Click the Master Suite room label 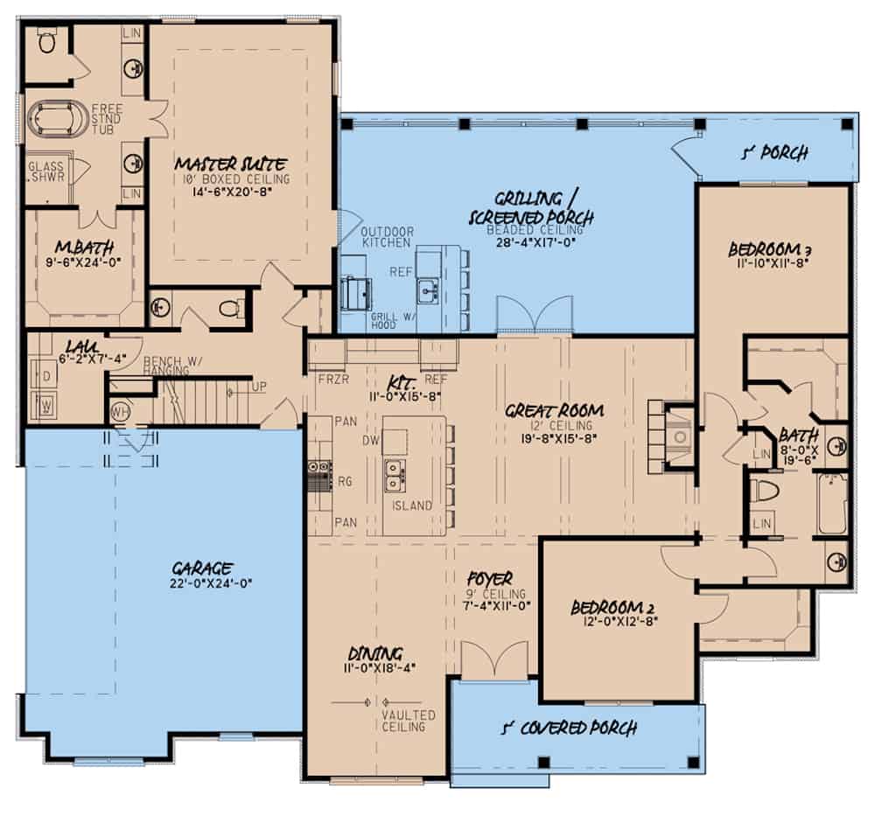pos(231,164)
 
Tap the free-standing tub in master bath pos(59,119)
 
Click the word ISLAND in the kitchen pos(411,506)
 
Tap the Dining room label pos(375,653)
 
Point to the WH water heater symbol pos(120,409)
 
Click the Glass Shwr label pos(45,171)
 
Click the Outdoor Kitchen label pos(387,237)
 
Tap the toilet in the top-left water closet pos(47,40)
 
